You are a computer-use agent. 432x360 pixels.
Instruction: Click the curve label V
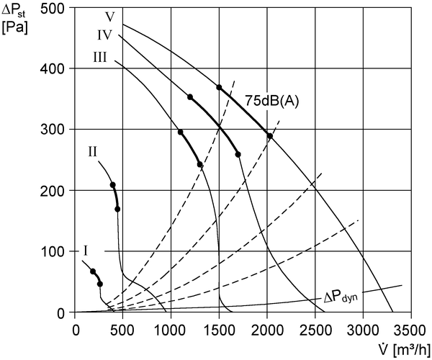click(110, 17)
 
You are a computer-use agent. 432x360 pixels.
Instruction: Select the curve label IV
click(104, 35)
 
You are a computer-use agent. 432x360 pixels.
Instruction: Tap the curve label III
click(100, 58)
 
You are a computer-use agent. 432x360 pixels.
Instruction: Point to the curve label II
click(93, 151)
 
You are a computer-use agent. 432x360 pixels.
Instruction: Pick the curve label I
click(86, 251)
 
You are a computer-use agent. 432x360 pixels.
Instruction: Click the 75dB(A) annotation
click(272, 101)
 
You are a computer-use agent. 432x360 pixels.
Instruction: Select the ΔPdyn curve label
click(341, 298)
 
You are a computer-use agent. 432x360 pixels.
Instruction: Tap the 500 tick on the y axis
click(53, 8)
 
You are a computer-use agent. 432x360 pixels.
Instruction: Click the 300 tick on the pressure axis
click(53, 129)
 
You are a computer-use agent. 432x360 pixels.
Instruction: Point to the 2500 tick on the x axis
click(315, 330)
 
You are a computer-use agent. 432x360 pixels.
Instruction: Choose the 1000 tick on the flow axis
click(171, 330)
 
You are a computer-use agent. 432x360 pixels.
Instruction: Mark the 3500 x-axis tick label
click(410, 330)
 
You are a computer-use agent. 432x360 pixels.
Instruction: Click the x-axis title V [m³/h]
click(403, 349)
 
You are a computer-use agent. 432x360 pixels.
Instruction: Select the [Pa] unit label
click(14, 28)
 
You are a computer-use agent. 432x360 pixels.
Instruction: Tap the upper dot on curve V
click(219, 87)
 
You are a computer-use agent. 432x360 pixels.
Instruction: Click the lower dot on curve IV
click(238, 155)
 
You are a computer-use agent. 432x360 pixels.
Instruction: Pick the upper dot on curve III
click(181, 132)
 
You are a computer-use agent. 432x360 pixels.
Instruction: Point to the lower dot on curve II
click(117, 209)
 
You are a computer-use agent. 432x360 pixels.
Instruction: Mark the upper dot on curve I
click(93, 271)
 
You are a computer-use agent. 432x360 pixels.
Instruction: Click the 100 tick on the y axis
click(53, 251)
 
